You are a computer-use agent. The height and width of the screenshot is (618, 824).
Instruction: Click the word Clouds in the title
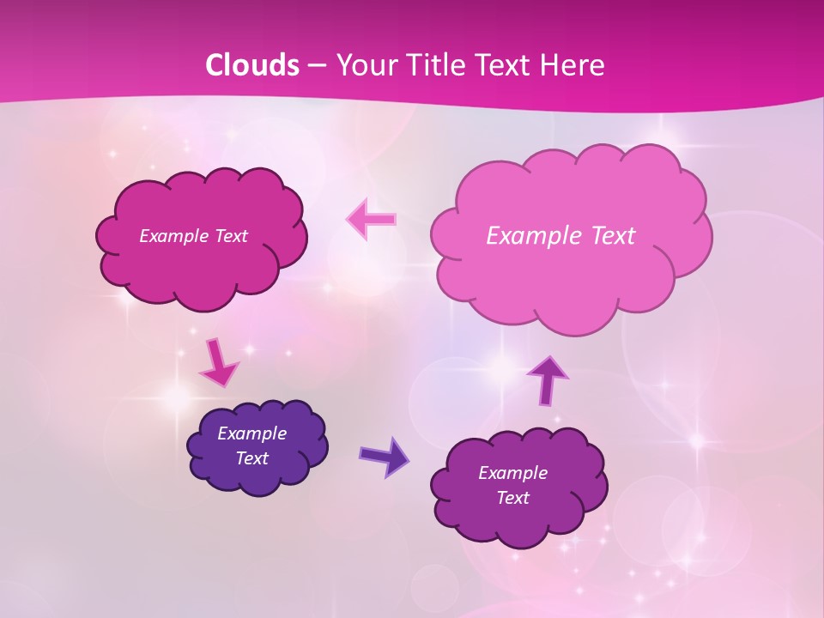coord(251,65)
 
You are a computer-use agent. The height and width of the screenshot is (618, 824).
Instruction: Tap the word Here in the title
coord(573,65)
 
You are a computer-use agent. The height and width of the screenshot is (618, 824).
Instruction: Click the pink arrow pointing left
coord(372,220)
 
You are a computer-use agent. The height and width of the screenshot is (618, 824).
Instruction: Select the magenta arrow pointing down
coord(218,363)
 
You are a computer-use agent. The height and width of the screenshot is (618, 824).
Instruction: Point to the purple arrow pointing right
coord(385,456)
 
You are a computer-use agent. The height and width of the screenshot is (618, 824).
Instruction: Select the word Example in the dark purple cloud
coord(251,433)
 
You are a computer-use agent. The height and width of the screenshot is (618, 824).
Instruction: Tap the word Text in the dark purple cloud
coord(251,458)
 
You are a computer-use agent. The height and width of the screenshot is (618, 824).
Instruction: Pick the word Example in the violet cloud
coord(512,473)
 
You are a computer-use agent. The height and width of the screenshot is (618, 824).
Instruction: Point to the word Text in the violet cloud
coord(512,498)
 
